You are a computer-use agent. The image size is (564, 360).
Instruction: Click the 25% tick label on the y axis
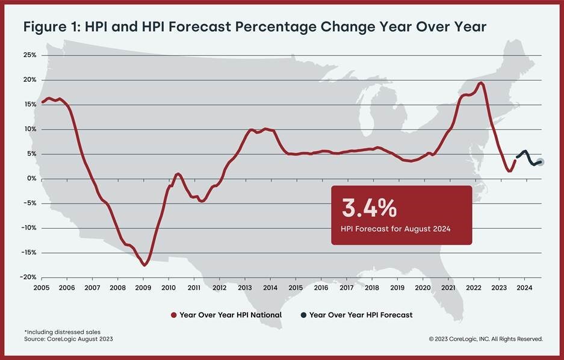pos(29,55)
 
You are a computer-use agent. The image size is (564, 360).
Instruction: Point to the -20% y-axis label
pos(28,277)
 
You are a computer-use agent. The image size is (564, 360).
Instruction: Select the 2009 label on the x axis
pos(143,288)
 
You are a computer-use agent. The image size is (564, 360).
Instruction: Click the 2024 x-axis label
pos(524,288)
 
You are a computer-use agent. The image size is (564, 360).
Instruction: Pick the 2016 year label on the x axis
pos(321,288)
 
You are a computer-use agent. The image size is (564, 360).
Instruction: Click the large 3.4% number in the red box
pos(369,208)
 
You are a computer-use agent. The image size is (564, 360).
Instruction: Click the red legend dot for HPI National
pos(174,315)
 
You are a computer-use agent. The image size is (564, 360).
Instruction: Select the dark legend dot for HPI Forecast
pos(304,315)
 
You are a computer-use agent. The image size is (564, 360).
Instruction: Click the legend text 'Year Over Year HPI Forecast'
pos(361,315)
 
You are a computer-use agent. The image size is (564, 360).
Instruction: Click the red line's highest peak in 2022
pos(480,83)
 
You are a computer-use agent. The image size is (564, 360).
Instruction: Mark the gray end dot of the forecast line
pos(541,161)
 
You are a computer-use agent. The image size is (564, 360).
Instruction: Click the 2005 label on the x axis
pos(42,288)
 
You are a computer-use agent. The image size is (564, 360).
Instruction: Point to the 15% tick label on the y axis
pos(29,104)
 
